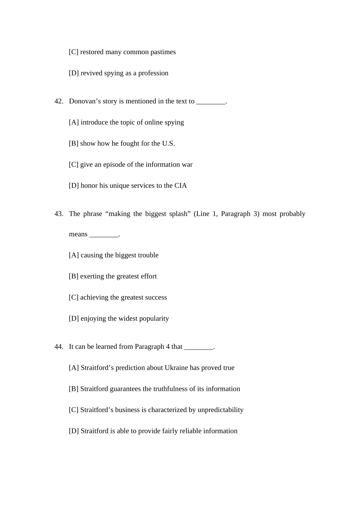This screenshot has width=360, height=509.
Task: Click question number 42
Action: (59, 101)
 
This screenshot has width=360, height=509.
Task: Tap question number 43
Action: (59, 214)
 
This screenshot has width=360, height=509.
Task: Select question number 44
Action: (59, 347)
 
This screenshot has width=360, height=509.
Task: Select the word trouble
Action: (147, 255)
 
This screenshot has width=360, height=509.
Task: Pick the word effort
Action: (149, 276)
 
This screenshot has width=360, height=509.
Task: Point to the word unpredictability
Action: (220, 410)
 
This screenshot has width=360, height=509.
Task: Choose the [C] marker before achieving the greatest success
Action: (74, 297)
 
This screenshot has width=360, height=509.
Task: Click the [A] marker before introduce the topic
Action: (74, 122)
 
